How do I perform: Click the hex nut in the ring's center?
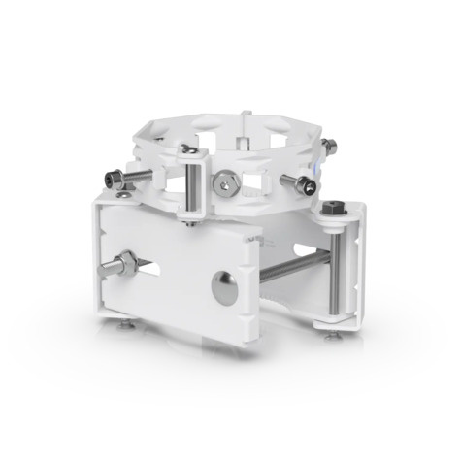tap(225, 181)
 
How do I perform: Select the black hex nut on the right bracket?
tap(333, 208)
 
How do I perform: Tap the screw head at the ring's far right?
tap(331, 147)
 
